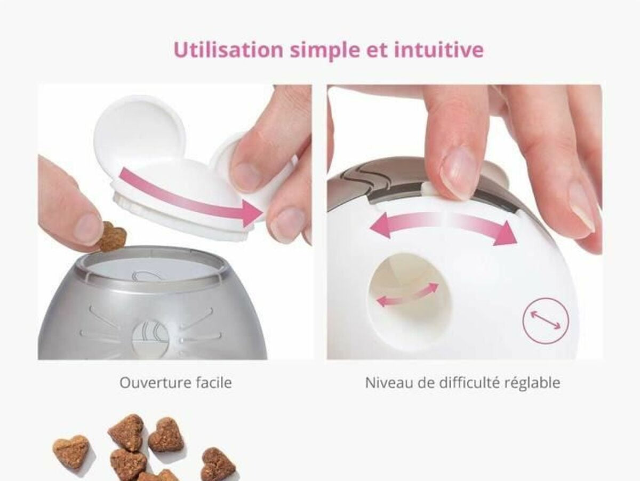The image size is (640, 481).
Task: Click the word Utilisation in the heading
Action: pyautogui.click(x=228, y=50)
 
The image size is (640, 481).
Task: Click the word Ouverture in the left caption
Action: pyautogui.click(x=155, y=382)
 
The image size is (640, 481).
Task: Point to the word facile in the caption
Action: pyautogui.click(x=214, y=382)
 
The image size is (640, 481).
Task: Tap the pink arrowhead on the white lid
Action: pyautogui.click(x=251, y=213)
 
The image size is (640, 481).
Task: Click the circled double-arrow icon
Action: pyautogui.click(x=545, y=320)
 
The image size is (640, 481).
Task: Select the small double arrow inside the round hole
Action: pyautogui.click(x=407, y=295)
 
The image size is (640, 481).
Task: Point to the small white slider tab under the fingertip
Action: pyautogui.click(x=427, y=189)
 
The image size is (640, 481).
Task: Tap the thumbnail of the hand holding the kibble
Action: pyautogui.click(x=86, y=226)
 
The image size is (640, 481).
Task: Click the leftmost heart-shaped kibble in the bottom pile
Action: pyautogui.click(x=72, y=451)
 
